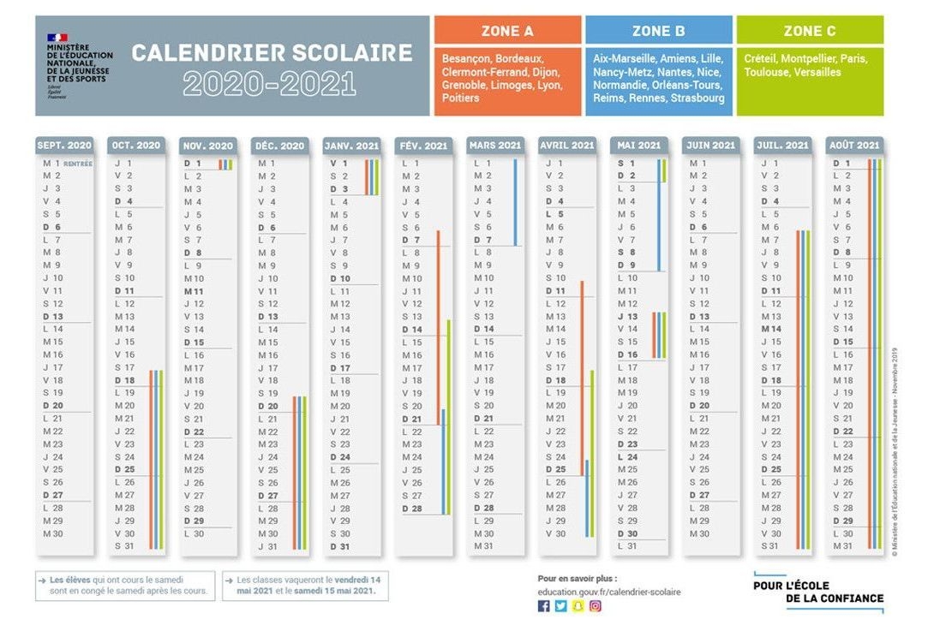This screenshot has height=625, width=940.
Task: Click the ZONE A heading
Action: click(507, 31)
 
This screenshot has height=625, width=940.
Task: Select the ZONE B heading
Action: click(658, 31)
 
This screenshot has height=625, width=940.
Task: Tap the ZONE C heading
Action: click(809, 31)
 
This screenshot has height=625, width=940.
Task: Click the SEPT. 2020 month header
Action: click(64, 146)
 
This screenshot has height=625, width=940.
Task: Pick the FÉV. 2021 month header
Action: click(423, 146)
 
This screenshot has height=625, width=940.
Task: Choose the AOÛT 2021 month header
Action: click(854, 146)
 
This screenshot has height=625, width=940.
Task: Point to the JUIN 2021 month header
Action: click(710, 146)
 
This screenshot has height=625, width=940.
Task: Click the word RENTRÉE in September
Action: click(77, 164)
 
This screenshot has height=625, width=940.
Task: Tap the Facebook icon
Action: click(543, 606)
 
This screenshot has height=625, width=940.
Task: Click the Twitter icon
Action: click(560, 606)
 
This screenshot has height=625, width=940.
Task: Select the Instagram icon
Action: click(595, 606)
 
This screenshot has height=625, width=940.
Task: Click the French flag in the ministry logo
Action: click(57, 39)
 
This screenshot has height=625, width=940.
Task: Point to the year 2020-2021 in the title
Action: click(269, 83)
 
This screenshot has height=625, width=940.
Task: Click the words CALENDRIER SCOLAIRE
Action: click(272, 53)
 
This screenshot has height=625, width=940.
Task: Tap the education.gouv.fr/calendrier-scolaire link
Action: click(609, 592)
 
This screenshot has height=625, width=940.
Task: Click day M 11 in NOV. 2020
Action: click(194, 291)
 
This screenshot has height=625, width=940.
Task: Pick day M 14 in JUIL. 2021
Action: click(771, 329)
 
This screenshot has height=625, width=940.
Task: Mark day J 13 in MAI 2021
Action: click(627, 317)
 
